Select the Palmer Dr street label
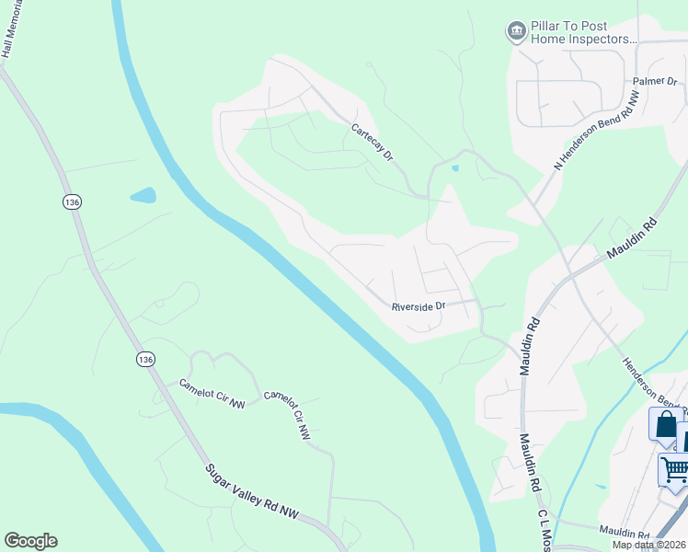pyautogui.click(x=655, y=82)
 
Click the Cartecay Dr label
pyautogui.click(x=373, y=144)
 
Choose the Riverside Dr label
pyautogui.click(x=418, y=306)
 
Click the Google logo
pyautogui.click(x=30, y=541)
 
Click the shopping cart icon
pyautogui.click(x=674, y=470)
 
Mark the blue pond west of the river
pyautogui.click(x=143, y=195)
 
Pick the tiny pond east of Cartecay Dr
pyautogui.click(x=454, y=167)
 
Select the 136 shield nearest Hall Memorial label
pyautogui.click(x=71, y=201)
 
